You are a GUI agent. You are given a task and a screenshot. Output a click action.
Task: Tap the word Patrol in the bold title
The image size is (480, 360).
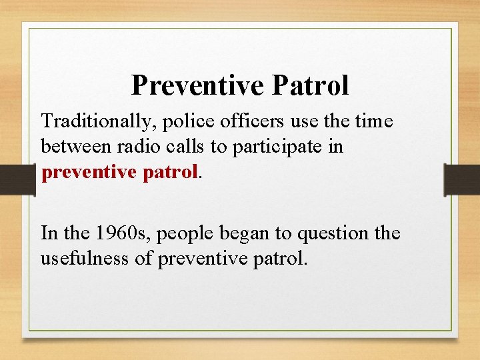(310, 85)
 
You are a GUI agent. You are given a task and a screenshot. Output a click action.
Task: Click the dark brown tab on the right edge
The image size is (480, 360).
(462, 179)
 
